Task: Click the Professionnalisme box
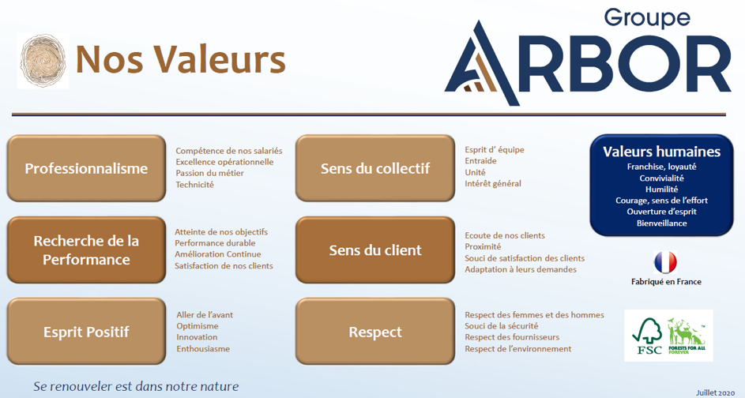click(x=87, y=169)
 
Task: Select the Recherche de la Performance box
click(x=87, y=250)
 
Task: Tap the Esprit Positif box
click(x=87, y=332)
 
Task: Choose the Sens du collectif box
click(x=375, y=169)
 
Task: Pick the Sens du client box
click(x=375, y=250)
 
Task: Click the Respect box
click(x=375, y=332)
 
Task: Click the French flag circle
click(x=666, y=262)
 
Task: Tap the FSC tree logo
click(x=647, y=336)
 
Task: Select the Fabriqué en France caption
click(x=666, y=282)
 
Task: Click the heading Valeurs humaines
click(x=661, y=152)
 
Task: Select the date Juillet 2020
click(x=714, y=391)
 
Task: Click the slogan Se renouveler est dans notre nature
click(x=136, y=387)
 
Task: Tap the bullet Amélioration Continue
click(x=218, y=254)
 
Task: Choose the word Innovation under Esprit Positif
click(x=197, y=337)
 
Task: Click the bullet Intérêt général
click(x=493, y=184)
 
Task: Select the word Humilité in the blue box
click(x=661, y=190)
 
